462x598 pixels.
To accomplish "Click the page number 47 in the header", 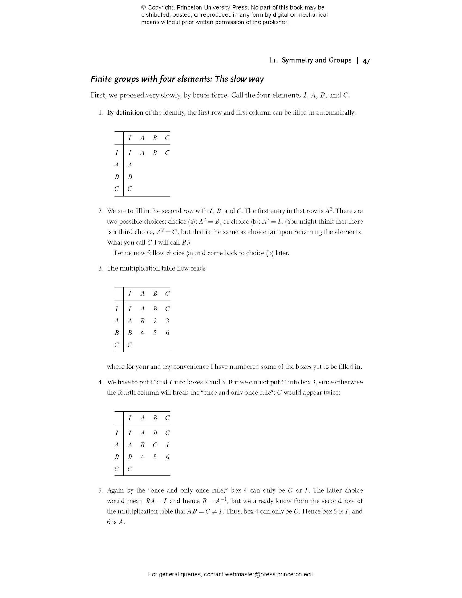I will (x=366, y=61).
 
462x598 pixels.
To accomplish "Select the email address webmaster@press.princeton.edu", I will (x=269, y=574).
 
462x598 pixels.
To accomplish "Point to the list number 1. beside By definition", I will (x=101, y=113).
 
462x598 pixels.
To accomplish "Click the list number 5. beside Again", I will (x=101, y=490).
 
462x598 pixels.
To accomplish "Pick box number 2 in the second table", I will (x=155, y=321).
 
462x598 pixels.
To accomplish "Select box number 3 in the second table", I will (x=168, y=321).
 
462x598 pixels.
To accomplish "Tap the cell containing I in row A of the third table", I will (x=167, y=445).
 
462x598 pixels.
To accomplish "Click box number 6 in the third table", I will (x=167, y=457).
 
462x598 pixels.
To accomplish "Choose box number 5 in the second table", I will (x=155, y=333).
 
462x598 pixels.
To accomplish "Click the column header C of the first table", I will (x=167, y=138).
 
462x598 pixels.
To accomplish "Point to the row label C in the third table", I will (x=117, y=469).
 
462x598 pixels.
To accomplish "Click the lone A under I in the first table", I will (x=130, y=165).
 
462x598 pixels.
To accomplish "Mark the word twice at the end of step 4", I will (x=332, y=393).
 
